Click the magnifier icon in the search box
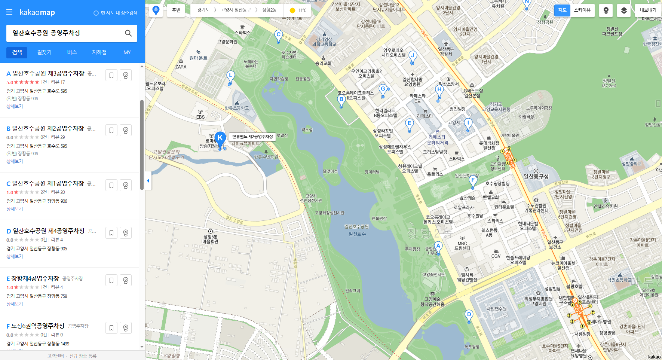(128, 33)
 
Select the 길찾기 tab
(45, 52)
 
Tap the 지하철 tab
(99, 52)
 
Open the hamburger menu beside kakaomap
(9, 12)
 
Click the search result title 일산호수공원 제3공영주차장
(49, 73)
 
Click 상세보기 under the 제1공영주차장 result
(15, 209)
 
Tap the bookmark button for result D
(111, 233)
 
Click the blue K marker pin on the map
(220, 138)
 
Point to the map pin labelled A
(438, 247)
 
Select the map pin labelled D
(469, 315)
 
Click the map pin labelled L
(230, 76)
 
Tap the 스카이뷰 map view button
(582, 10)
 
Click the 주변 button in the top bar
(176, 10)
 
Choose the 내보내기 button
(648, 10)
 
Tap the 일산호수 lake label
(357, 234)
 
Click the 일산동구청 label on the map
(536, 176)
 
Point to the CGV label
(496, 256)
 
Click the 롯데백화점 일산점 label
(489, 146)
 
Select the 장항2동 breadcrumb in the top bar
(269, 10)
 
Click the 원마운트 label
(198, 58)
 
